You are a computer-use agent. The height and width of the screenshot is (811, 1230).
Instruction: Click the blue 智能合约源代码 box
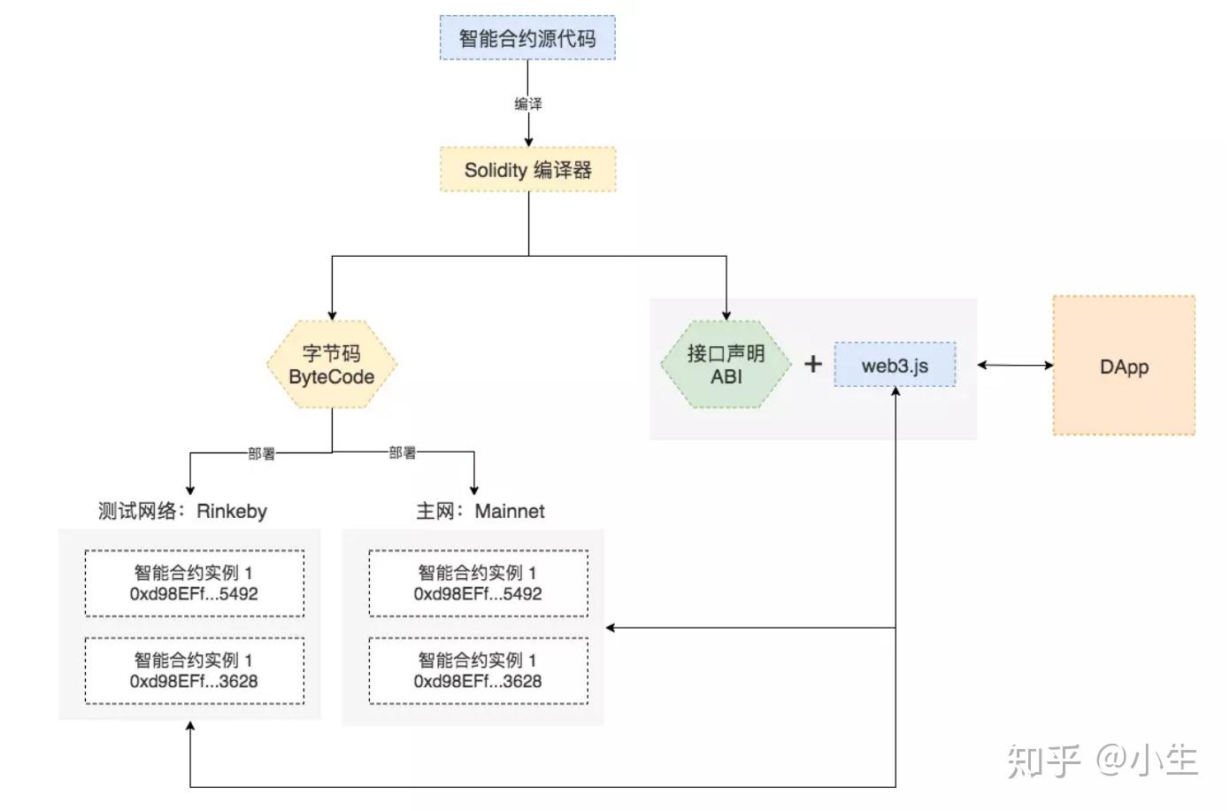(527, 38)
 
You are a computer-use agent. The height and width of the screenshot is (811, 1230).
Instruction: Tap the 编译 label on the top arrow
(528, 104)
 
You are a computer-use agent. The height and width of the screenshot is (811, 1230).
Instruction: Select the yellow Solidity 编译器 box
(527, 170)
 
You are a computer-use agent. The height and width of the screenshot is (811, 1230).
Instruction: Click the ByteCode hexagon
(332, 365)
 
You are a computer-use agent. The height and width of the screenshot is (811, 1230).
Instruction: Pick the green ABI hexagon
(726, 365)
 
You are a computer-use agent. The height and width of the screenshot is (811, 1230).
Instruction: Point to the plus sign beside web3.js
(812, 364)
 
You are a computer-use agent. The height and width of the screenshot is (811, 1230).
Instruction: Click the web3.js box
(895, 365)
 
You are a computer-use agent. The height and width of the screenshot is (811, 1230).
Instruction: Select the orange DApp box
(1124, 366)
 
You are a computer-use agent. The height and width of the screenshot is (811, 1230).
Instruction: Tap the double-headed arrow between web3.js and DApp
(1015, 365)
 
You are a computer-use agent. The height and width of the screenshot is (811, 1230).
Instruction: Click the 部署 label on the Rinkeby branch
(261, 453)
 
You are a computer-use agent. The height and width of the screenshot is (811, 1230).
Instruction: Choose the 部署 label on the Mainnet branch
(403, 452)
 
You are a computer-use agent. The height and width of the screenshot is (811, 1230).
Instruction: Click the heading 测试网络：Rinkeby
(182, 511)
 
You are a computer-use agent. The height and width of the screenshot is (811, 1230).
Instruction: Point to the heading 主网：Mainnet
(480, 511)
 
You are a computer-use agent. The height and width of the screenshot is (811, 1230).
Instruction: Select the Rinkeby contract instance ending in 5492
(194, 583)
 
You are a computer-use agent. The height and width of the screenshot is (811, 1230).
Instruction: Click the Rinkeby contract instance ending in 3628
(194, 670)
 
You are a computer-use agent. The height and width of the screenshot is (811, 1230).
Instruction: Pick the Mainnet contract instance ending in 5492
(478, 583)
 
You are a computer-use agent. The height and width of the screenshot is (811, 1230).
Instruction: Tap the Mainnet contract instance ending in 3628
(478, 670)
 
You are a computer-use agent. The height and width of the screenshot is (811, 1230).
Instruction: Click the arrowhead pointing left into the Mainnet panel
(611, 628)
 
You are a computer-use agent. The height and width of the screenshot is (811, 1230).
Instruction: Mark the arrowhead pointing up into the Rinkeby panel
(190, 726)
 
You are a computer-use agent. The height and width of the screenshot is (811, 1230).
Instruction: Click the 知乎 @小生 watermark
(1102, 761)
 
